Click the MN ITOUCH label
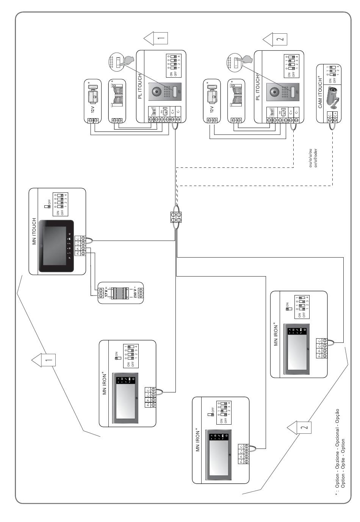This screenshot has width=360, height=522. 34,231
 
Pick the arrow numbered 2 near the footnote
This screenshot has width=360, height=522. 299,427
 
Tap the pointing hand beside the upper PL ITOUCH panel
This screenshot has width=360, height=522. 131,61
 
